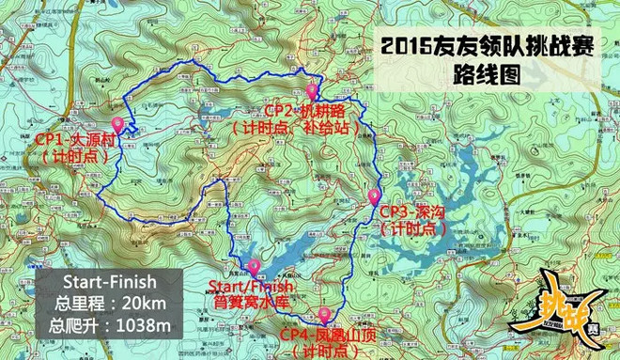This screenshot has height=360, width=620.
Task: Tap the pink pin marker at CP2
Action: coord(313,92)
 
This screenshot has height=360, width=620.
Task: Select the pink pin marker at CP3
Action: coord(374,196)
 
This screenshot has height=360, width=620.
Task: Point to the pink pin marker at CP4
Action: coord(325,314)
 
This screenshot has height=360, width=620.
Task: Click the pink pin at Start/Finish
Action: coord(251,267)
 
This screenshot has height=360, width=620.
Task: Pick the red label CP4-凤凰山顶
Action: coord(324,335)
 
